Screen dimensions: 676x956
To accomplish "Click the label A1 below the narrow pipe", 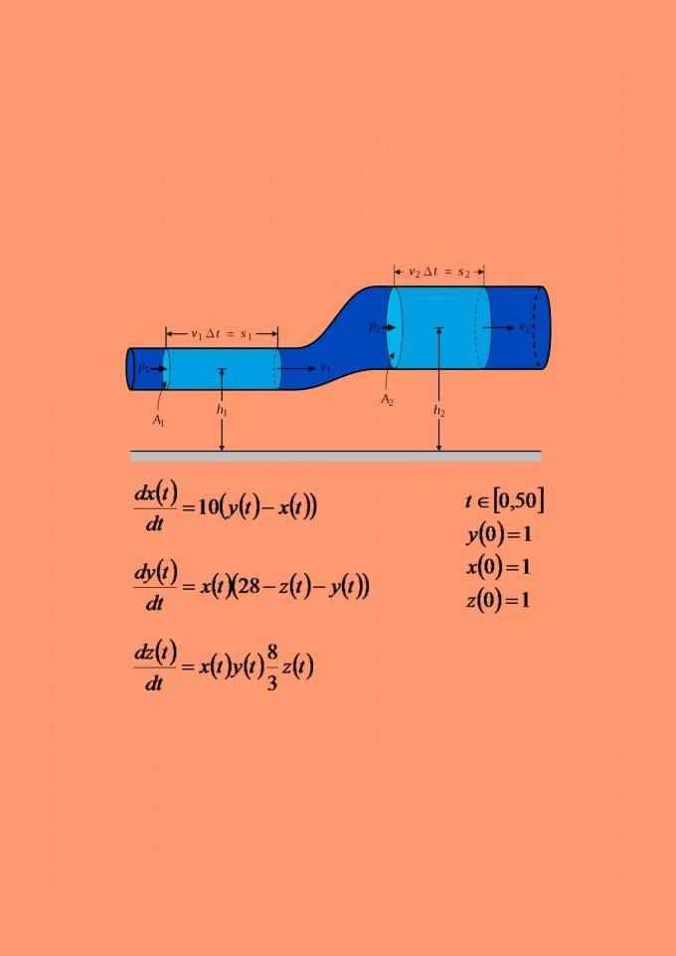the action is (158, 421).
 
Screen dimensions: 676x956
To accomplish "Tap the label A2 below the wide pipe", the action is (388, 401).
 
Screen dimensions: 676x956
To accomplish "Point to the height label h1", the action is (222, 410).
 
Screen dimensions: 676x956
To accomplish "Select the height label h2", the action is (439, 411).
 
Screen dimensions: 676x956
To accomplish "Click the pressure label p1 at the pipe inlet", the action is (143, 368).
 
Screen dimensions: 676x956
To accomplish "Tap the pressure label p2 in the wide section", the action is (375, 327).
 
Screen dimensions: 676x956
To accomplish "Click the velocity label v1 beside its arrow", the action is (325, 368).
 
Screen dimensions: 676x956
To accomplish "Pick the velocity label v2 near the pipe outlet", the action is (524, 327).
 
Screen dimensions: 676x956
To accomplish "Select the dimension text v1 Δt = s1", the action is (222, 333).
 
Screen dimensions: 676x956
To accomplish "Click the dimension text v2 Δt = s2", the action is (439, 272).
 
